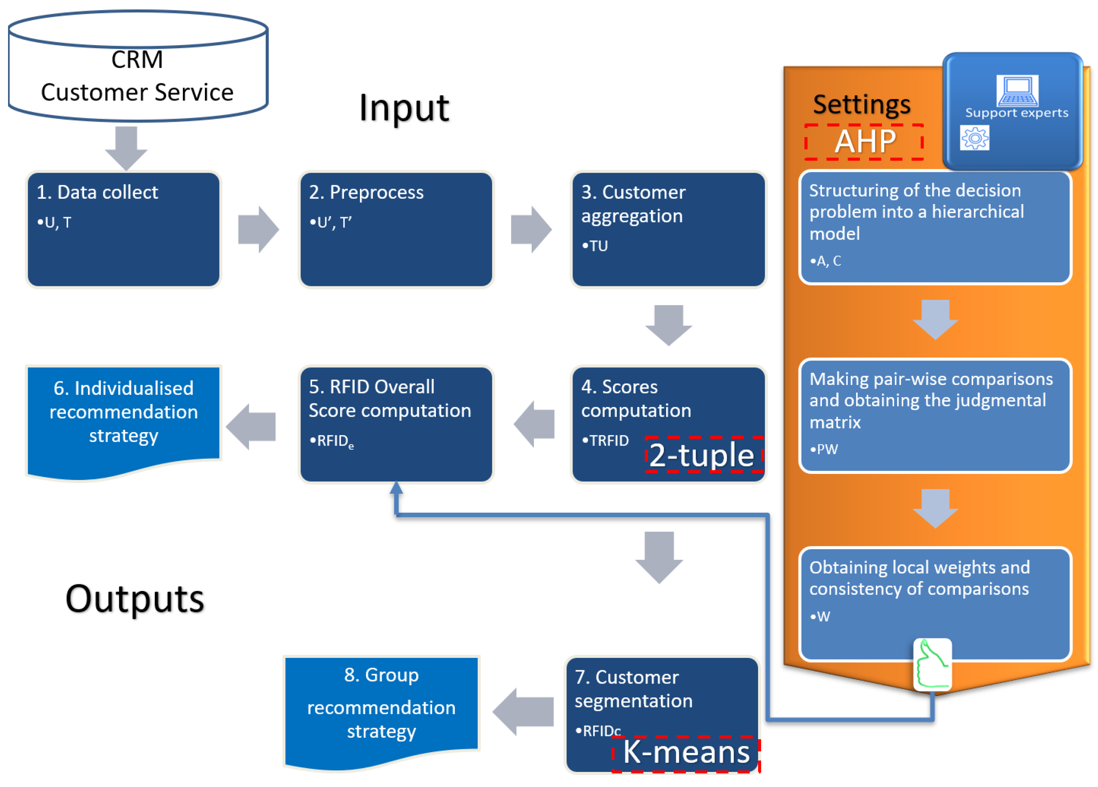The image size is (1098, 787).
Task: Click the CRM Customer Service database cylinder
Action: (138, 66)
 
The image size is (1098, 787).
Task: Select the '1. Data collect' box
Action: (123, 229)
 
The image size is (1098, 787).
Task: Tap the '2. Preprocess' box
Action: (396, 229)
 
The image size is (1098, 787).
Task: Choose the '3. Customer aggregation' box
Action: (668, 229)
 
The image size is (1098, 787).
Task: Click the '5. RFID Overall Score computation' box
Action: (396, 424)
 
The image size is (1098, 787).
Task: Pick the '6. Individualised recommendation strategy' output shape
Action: (123, 422)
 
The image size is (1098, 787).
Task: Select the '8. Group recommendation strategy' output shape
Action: (381, 712)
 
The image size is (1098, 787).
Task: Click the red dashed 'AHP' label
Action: (864, 142)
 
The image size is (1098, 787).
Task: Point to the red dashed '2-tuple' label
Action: (704, 454)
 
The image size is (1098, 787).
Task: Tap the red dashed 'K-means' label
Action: (686, 754)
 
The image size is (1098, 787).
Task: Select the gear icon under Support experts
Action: (975, 138)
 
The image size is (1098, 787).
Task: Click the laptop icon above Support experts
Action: (1017, 90)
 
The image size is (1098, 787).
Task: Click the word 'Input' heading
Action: (404, 107)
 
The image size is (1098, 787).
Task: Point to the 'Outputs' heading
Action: (135, 599)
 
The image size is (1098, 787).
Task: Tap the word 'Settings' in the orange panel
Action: (862, 104)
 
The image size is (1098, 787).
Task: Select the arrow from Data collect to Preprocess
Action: (258, 229)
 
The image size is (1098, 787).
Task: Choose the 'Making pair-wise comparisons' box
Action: (935, 415)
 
